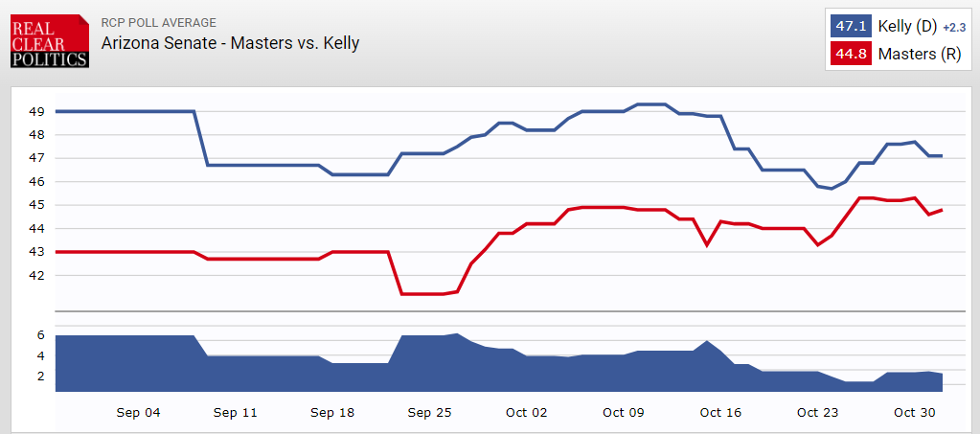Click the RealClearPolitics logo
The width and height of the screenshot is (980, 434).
pyautogui.click(x=49, y=41)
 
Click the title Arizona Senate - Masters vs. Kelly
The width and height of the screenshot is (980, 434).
pyautogui.click(x=231, y=43)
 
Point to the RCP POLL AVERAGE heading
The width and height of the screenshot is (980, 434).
pyautogui.click(x=158, y=22)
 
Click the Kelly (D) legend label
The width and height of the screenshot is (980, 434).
pyautogui.click(x=908, y=27)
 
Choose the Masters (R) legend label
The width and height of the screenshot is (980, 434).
pyautogui.click(x=919, y=55)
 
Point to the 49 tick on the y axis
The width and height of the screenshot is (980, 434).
pyautogui.click(x=37, y=112)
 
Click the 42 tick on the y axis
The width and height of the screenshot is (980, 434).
pyautogui.click(x=37, y=275)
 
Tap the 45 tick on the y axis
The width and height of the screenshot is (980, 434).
pyautogui.click(x=37, y=205)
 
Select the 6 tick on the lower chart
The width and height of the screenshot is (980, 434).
pyautogui.click(x=40, y=335)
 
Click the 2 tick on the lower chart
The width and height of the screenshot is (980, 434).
pyautogui.click(x=40, y=377)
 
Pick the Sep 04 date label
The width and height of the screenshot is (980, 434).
pyautogui.click(x=138, y=413)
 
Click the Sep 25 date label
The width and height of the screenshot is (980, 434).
pyautogui.click(x=429, y=413)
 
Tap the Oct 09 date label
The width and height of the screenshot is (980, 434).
pyautogui.click(x=624, y=413)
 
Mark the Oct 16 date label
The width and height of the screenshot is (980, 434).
pyautogui.click(x=720, y=413)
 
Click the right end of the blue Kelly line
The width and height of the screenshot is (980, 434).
pyautogui.click(x=943, y=156)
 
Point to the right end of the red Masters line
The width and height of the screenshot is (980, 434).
pyautogui.click(x=943, y=210)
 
